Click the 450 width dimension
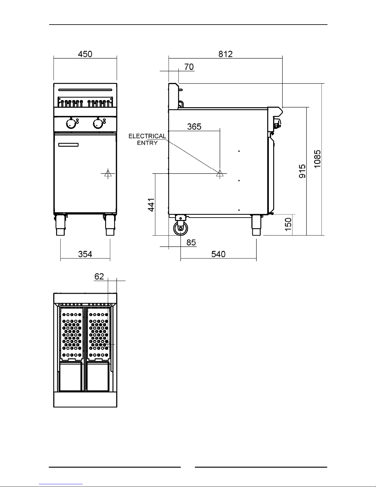point(85,54)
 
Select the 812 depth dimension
point(225,54)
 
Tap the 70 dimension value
point(189,67)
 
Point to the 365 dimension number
point(194,127)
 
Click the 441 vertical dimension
point(151,205)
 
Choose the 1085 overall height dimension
point(317,159)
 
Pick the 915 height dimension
point(302,171)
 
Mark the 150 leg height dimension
point(288,224)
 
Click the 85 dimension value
point(191,242)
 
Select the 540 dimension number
point(218,254)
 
